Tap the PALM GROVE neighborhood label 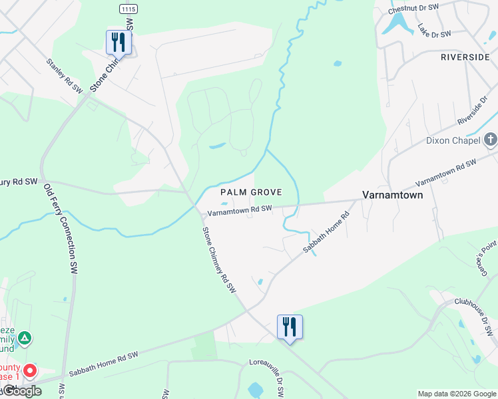pyautogui.click(x=251, y=192)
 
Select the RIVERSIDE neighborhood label pyautogui.click(x=465, y=57)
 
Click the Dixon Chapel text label pyautogui.click(x=453, y=141)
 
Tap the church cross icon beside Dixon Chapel pyautogui.click(x=491, y=140)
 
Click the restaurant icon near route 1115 pyautogui.click(x=119, y=42)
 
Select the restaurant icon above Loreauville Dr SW pyautogui.click(x=290, y=327)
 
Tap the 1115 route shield pyautogui.click(x=128, y=8)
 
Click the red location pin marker pyautogui.click(x=29, y=370)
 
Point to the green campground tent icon pyautogui.click(x=25, y=338)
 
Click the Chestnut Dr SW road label pyautogui.click(x=413, y=8)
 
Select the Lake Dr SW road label pyautogui.click(x=434, y=30)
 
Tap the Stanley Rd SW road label pyautogui.click(x=64, y=74)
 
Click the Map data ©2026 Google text pyautogui.click(x=457, y=394)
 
